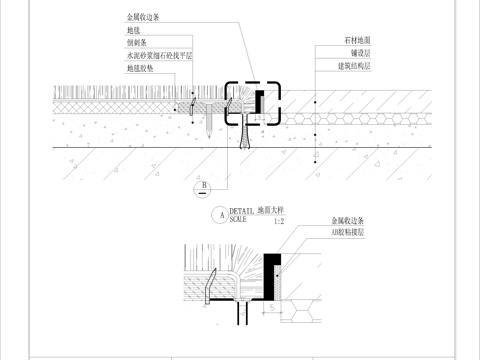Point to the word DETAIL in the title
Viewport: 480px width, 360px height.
point(243,210)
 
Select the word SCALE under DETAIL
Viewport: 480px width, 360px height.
point(238,218)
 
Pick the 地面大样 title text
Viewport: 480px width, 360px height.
point(273,210)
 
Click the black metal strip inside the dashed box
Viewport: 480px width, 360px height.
point(259,101)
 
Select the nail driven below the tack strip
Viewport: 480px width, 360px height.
point(206,123)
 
